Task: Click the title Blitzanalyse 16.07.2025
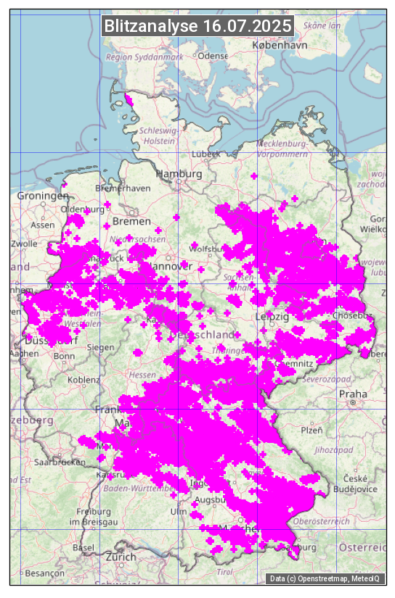[197, 26]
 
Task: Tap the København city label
[280, 45]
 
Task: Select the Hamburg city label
[179, 174]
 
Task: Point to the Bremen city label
[131, 221]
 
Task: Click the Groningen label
[42, 196]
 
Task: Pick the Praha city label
[353, 394]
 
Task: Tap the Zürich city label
[121, 557]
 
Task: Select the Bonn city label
[64, 356]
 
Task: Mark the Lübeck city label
[205, 154]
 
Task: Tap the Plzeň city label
[311, 430]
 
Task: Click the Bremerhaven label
[122, 188]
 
